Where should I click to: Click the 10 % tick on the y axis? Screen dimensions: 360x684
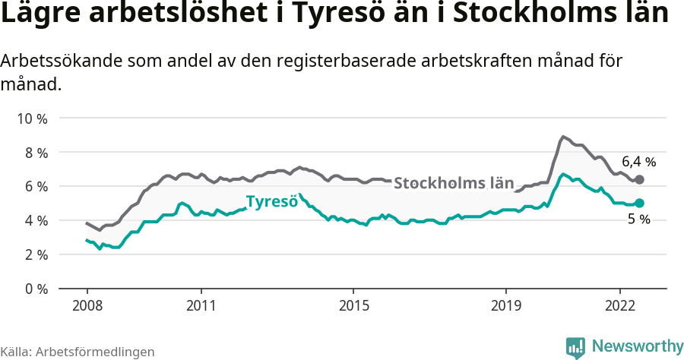click(x=32, y=118)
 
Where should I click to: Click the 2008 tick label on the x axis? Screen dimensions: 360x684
click(x=87, y=306)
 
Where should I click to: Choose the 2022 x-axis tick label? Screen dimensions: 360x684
click(x=620, y=306)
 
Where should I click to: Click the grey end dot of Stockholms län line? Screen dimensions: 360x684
click(x=639, y=180)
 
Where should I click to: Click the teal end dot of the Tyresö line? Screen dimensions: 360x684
click(x=639, y=203)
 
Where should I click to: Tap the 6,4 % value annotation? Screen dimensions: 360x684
click(x=638, y=162)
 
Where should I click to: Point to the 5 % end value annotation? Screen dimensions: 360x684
click(x=638, y=219)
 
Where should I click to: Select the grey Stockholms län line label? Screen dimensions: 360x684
click(x=454, y=183)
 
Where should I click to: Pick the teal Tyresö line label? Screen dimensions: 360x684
click(x=271, y=202)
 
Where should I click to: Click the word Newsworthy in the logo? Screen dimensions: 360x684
click(x=637, y=346)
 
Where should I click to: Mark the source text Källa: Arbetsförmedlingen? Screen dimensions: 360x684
click(x=78, y=352)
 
